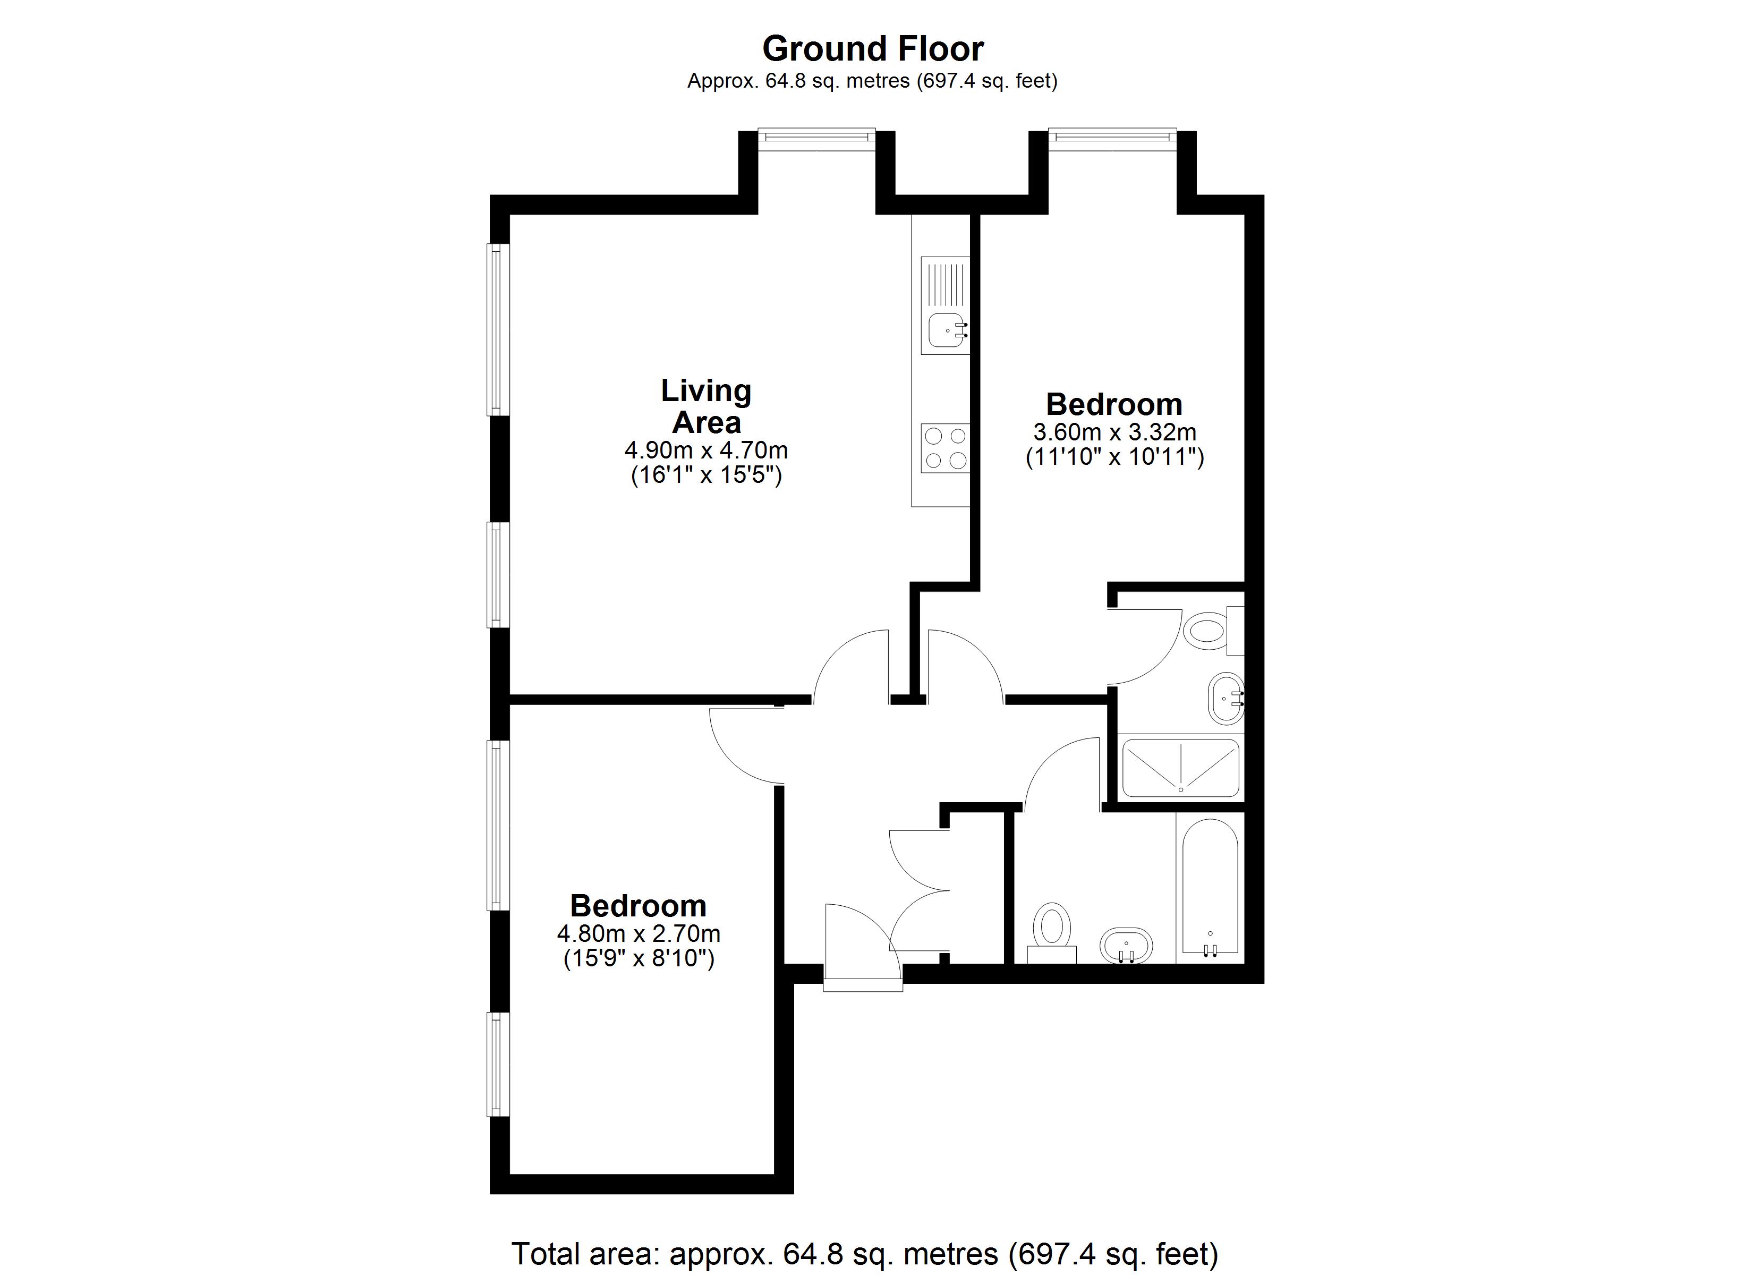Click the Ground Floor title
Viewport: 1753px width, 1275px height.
[873, 49]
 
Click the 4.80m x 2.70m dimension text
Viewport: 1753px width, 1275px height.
[639, 933]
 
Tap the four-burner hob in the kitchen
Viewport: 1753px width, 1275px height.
[945, 448]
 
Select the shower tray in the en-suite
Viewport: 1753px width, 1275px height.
[1180, 768]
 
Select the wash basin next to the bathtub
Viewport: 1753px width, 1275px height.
[1126, 945]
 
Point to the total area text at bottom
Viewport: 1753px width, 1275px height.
[865, 1253]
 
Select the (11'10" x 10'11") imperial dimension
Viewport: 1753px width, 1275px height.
[1114, 457]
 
